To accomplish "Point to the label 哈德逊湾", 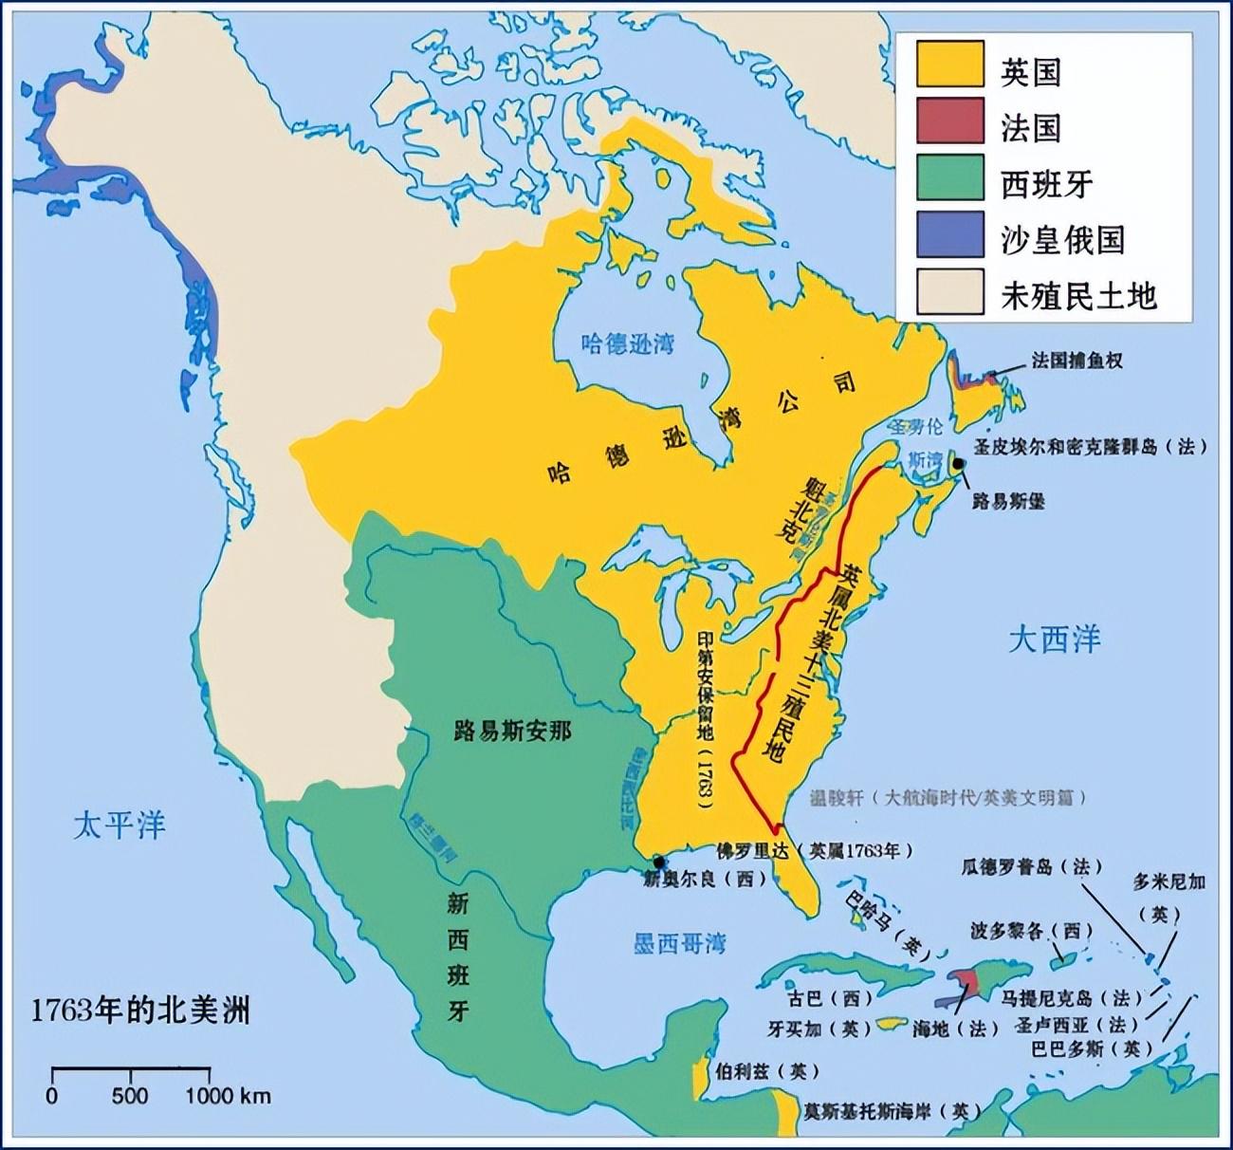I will [x=627, y=343].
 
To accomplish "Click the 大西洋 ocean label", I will [x=1054, y=640].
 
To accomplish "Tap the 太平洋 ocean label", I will [x=119, y=824].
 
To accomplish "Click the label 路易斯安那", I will [x=513, y=729].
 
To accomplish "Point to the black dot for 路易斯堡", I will [x=959, y=464].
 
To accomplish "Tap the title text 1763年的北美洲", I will [x=140, y=1010].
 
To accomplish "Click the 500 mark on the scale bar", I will [x=130, y=1096].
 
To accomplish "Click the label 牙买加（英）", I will [x=816, y=1028].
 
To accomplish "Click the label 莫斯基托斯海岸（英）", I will [x=887, y=1110].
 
